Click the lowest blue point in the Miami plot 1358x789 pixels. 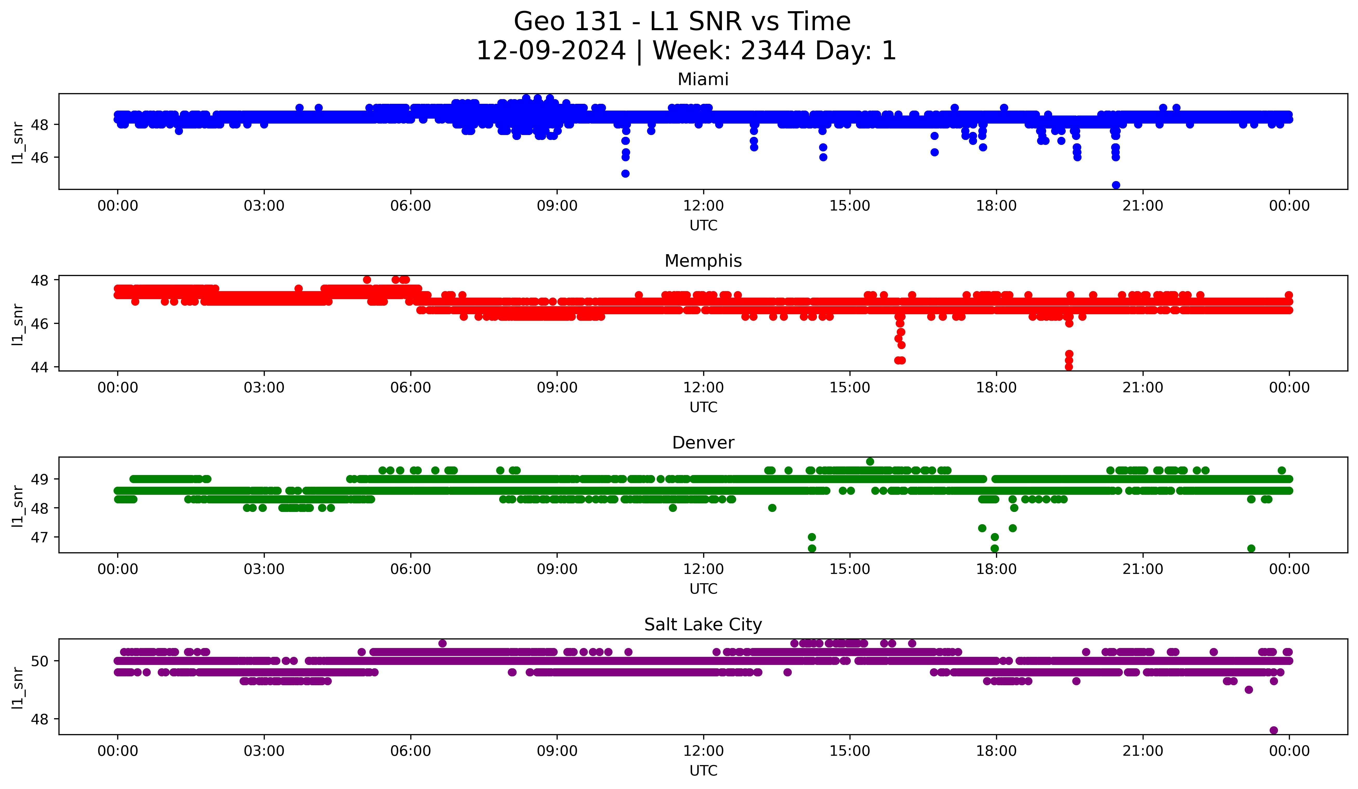pos(1116,185)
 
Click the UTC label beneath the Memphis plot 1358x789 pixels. pos(703,407)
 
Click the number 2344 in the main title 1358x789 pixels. pos(773,51)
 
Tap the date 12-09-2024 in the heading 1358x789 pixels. pos(551,51)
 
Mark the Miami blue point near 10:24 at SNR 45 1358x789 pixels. pos(625,174)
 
